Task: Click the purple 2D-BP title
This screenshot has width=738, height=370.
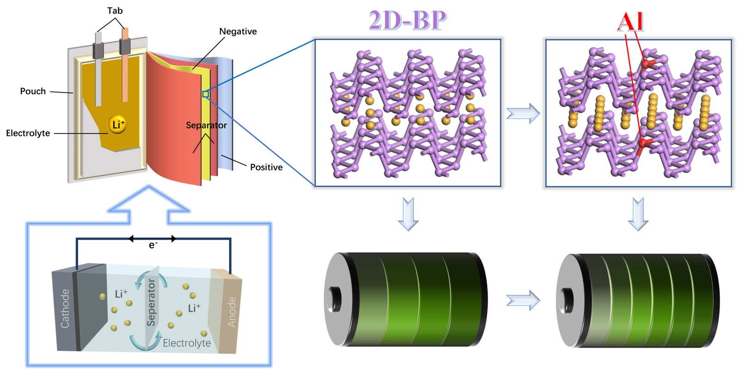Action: pyautogui.click(x=408, y=20)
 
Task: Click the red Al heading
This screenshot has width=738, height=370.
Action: pyautogui.click(x=630, y=21)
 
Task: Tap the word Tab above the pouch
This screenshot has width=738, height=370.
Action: pyautogui.click(x=114, y=11)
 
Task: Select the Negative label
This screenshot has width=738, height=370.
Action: pyautogui.click(x=238, y=31)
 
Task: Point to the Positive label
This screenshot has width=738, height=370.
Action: pyautogui.click(x=266, y=167)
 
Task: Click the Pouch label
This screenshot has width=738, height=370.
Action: pyautogui.click(x=33, y=91)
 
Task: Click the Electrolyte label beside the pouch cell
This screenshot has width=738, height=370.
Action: pyautogui.click(x=28, y=133)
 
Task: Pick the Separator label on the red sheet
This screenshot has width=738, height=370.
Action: pyautogui.click(x=206, y=125)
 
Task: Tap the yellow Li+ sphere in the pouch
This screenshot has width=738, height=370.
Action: pyautogui.click(x=117, y=124)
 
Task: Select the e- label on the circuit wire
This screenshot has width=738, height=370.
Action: pyautogui.click(x=153, y=245)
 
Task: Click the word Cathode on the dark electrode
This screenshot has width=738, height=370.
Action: pyautogui.click(x=65, y=308)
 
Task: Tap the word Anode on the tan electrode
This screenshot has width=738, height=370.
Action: pyautogui.click(x=232, y=312)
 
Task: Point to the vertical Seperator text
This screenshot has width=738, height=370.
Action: pyautogui.click(x=151, y=303)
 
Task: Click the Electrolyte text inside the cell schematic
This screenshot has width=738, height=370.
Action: pyautogui.click(x=186, y=343)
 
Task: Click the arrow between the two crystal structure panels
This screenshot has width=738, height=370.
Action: pyautogui.click(x=523, y=113)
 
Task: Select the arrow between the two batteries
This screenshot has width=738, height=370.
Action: pyautogui.click(x=523, y=300)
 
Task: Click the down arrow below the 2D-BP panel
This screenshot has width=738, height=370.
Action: pyautogui.click(x=408, y=213)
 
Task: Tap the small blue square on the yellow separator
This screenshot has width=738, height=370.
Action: pyautogui.click(x=205, y=94)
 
